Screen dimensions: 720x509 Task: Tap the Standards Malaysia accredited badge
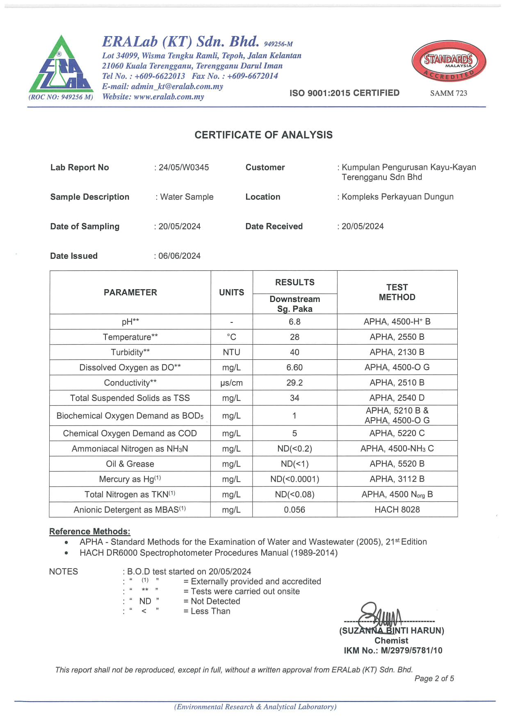449,62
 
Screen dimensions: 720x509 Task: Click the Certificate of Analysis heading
263,135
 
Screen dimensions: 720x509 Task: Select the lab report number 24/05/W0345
184,167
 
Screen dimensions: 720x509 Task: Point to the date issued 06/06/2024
179,256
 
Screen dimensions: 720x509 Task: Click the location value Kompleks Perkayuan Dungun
397,197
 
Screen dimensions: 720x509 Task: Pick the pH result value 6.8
294,322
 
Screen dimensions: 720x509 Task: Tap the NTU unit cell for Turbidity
231,352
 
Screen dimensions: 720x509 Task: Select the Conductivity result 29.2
294,383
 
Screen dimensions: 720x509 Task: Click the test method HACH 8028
397,510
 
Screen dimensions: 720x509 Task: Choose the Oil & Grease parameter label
130,464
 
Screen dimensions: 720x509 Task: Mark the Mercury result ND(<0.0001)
294,479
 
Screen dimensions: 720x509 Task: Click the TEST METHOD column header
397,292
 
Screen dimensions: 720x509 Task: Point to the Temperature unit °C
231,337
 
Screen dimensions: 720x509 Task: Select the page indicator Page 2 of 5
434,679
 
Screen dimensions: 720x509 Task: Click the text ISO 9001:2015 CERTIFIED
344,93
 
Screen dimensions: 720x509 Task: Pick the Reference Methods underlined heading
90,531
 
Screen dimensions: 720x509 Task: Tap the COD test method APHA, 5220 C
397,433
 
